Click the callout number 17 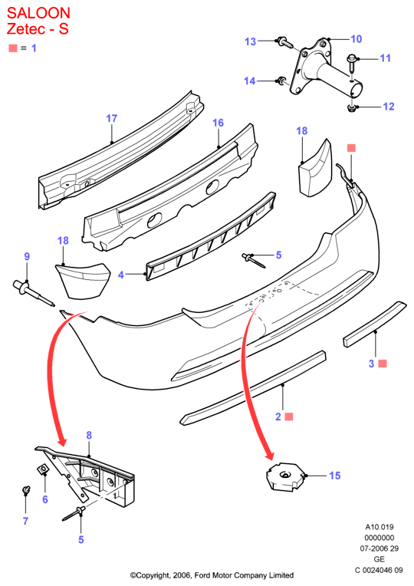pyautogui.click(x=112, y=118)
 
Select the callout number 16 pyautogui.click(x=218, y=123)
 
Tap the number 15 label pyautogui.click(x=335, y=476)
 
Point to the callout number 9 pyautogui.click(x=27, y=256)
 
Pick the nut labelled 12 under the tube pyautogui.click(x=351, y=108)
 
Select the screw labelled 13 pyautogui.click(x=284, y=43)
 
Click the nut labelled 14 pyautogui.click(x=282, y=81)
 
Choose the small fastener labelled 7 pyautogui.click(x=26, y=489)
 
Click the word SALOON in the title pyautogui.click(x=38, y=13)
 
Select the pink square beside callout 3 pyautogui.click(x=383, y=364)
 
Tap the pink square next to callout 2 pyautogui.click(x=289, y=416)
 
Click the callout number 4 pyautogui.click(x=120, y=275)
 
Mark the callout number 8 pyautogui.click(x=89, y=435)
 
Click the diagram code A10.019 pyautogui.click(x=379, y=527)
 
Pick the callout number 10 pyautogui.click(x=356, y=39)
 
